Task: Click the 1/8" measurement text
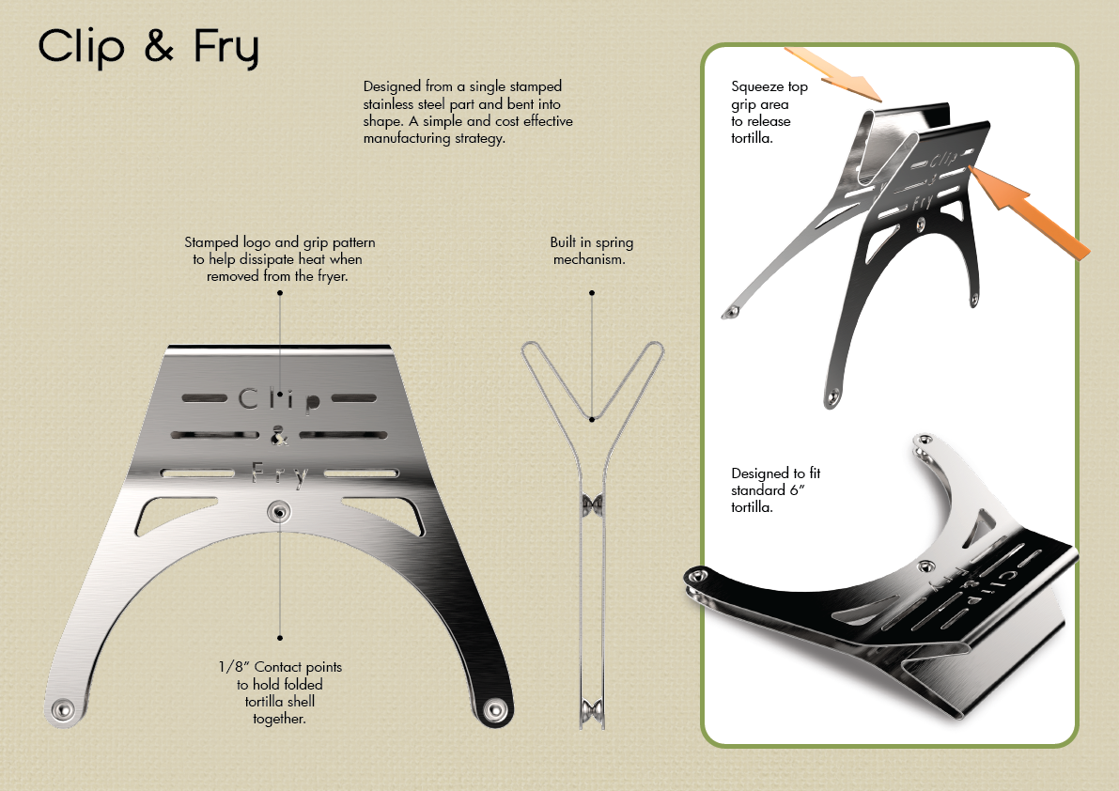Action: tap(231, 667)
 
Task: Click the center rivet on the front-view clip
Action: tap(278, 511)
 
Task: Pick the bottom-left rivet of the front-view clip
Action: tap(63, 707)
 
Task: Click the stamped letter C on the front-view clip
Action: tap(247, 398)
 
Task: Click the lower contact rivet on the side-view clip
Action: tap(591, 708)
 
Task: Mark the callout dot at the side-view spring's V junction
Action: tap(591, 419)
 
